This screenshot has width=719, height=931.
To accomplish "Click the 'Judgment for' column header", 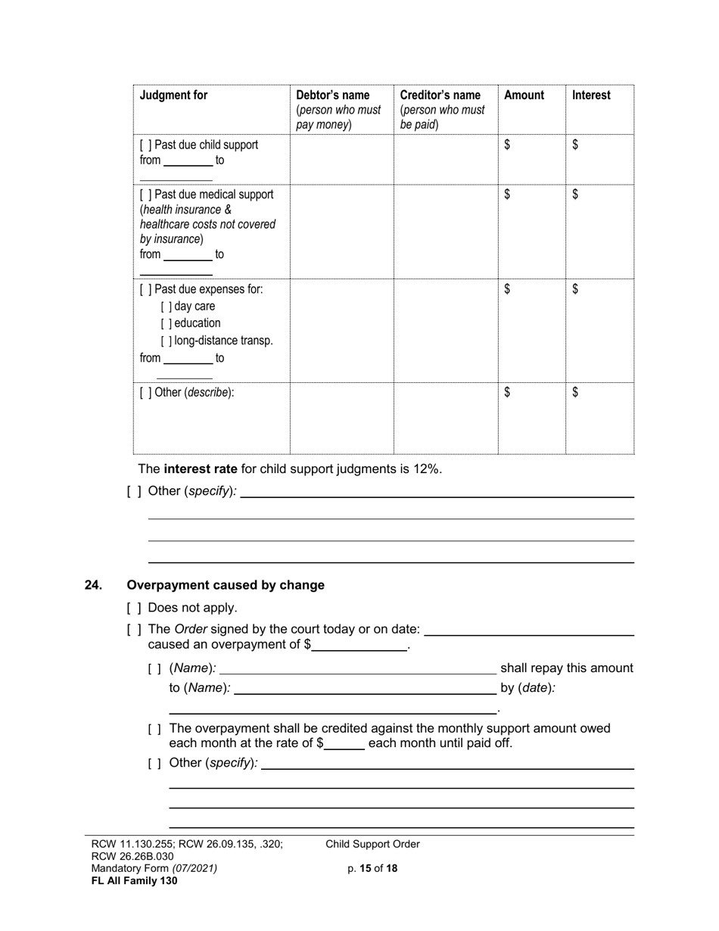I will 173,95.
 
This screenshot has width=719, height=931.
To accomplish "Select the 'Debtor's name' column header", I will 333,95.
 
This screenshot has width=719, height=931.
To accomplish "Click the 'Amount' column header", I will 524,95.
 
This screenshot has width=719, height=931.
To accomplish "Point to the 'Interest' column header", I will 591,95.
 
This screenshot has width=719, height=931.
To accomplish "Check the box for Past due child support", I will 145,145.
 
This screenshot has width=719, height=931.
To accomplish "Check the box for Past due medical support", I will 145,195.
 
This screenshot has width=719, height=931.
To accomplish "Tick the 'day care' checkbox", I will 166,307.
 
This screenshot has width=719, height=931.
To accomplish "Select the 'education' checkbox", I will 166,323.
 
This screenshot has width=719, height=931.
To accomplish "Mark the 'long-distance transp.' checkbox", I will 166,341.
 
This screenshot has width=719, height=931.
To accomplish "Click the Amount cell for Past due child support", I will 531,159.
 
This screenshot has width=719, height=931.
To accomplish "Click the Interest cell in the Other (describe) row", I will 599,418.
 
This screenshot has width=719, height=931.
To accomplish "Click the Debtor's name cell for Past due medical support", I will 341,231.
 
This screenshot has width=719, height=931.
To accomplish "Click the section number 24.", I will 93,585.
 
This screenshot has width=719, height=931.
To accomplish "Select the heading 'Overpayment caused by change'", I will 226,585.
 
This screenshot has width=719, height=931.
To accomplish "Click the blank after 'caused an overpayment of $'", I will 359,646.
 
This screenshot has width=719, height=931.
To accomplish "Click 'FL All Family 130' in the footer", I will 134,880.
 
